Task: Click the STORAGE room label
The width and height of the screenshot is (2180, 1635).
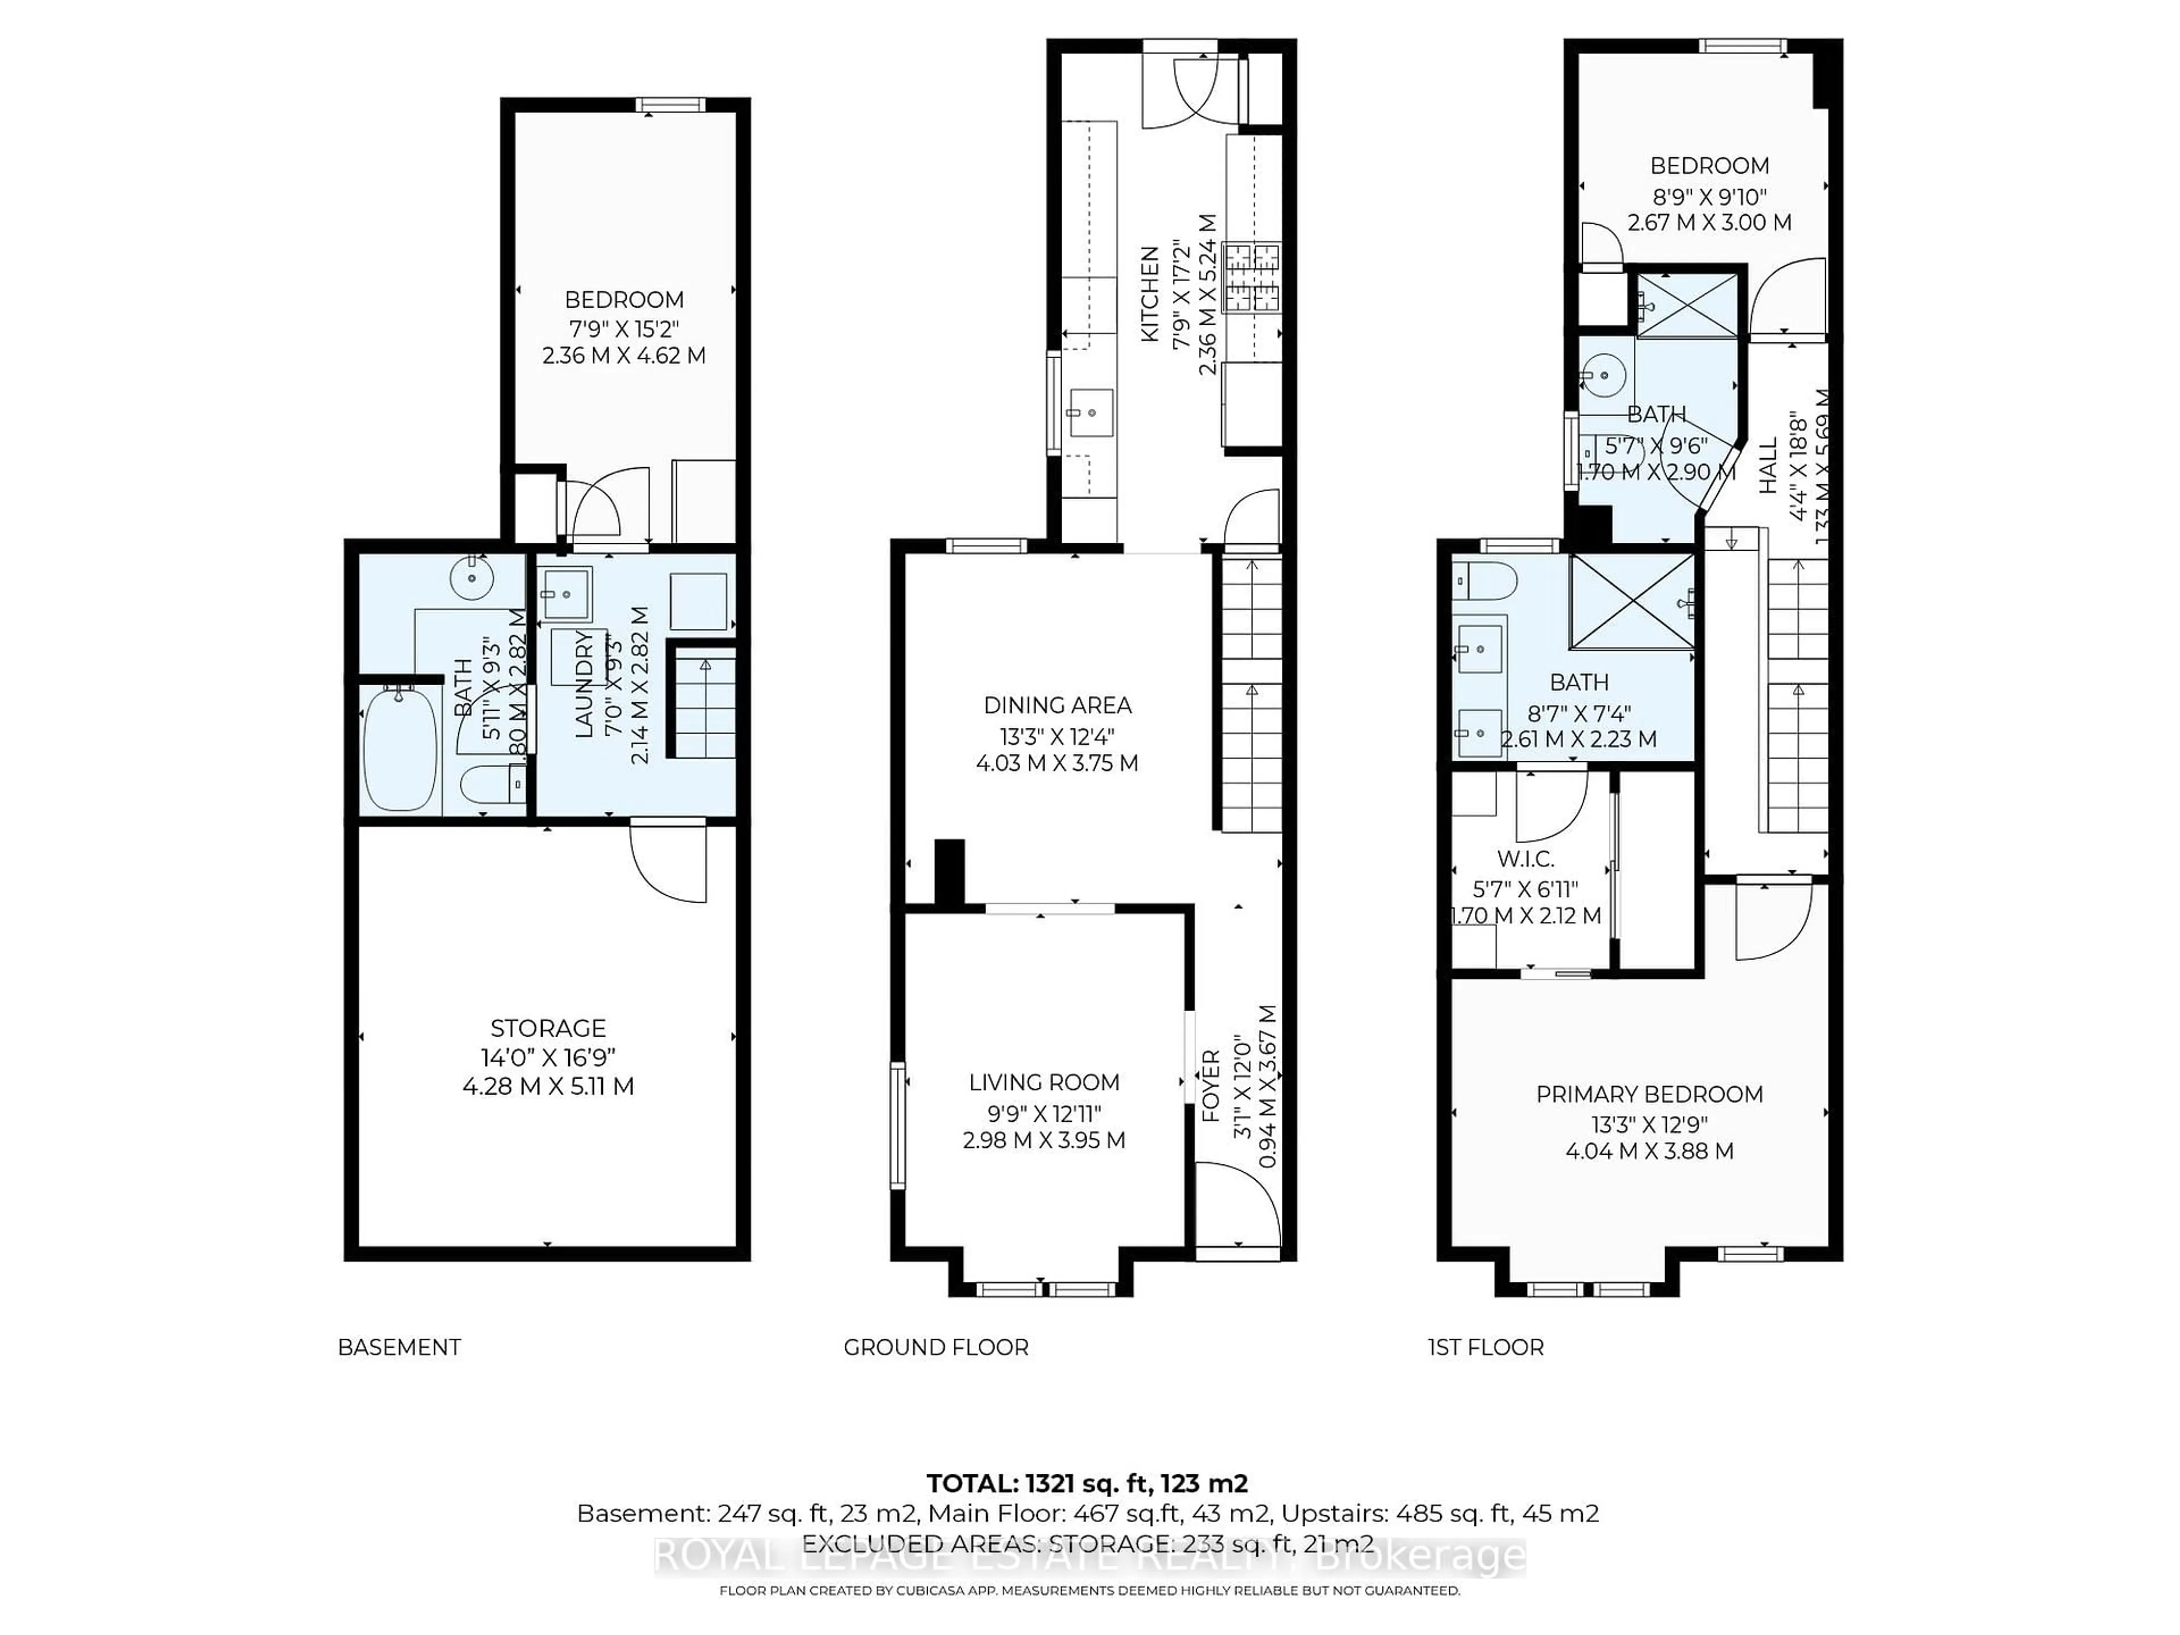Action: (x=548, y=1028)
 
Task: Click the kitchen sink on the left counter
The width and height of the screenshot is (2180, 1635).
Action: (x=1090, y=412)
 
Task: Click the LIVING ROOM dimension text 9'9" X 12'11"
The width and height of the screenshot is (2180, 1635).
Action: (x=1043, y=1113)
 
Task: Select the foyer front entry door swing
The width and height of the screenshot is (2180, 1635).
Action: (x=1232, y=1204)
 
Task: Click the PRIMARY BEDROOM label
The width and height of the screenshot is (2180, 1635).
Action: (x=1649, y=1094)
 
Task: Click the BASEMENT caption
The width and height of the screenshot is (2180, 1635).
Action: (x=399, y=1347)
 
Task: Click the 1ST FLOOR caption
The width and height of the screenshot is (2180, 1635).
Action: (x=1485, y=1347)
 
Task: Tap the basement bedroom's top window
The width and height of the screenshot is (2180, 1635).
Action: (x=670, y=104)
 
